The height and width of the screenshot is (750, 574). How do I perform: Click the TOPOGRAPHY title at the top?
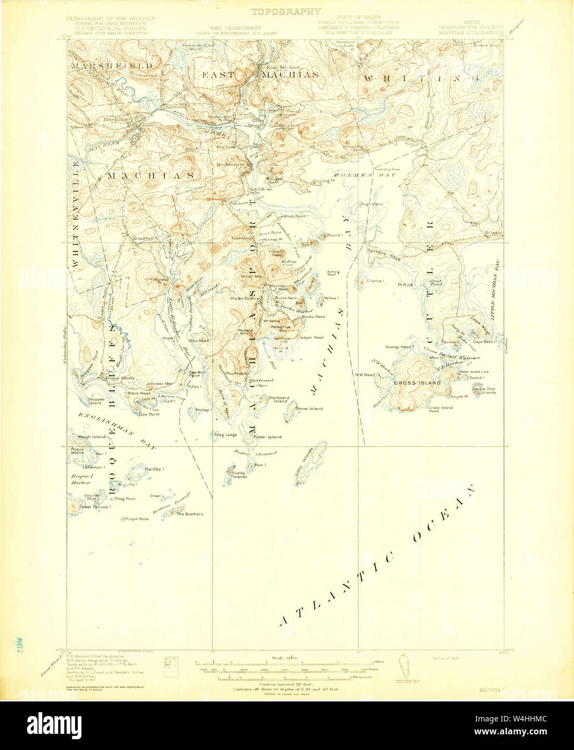coord(285,11)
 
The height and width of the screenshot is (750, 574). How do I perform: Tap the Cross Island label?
coord(418,383)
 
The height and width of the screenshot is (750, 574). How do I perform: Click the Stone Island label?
coord(309,408)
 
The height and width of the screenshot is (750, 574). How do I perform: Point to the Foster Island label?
coord(267,437)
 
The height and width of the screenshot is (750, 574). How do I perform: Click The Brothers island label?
coord(190,514)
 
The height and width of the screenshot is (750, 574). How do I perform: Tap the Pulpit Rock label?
coord(136,519)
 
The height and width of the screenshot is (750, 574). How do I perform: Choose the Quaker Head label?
coord(398,347)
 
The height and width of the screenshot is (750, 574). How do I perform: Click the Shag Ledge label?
coord(225,434)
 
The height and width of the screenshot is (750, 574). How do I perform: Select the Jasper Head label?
coord(311,337)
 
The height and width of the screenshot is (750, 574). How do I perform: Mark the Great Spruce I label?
coord(95,507)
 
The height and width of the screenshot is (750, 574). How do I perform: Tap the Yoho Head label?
coord(199,341)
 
